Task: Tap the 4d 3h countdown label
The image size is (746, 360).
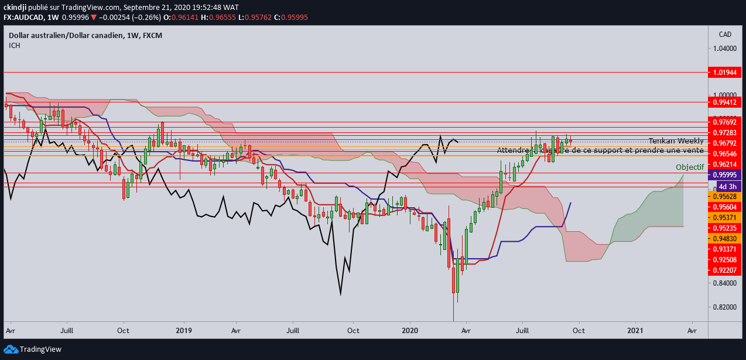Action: (x=726, y=186)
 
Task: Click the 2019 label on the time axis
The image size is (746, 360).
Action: (x=184, y=330)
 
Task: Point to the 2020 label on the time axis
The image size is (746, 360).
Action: (x=409, y=330)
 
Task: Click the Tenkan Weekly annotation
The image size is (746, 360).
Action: (x=676, y=141)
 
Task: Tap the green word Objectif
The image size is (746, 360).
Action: (x=690, y=167)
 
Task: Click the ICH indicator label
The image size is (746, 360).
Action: (x=15, y=46)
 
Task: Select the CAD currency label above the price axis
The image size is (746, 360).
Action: (x=724, y=35)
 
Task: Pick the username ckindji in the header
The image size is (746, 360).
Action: (x=18, y=7)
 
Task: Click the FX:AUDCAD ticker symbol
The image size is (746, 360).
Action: (x=25, y=18)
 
